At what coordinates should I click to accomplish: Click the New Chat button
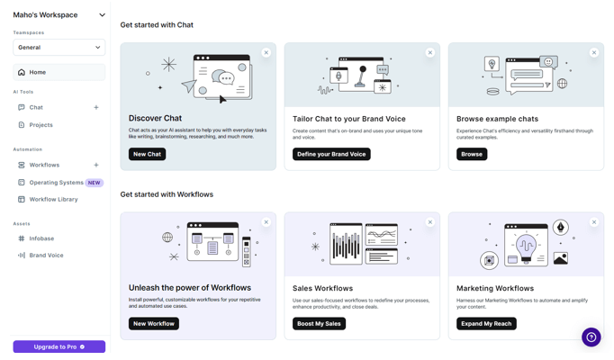pyautogui.click(x=148, y=154)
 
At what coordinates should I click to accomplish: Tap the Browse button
pyautogui.click(x=472, y=154)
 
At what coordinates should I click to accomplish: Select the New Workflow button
pyautogui.click(x=154, y=324)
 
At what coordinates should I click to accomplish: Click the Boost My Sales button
pyautogui.click(x=319, y=324)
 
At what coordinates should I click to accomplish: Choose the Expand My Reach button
pyautogui.click(x=486, y=324)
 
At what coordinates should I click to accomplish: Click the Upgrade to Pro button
pyautogui.click(x=59, y=346)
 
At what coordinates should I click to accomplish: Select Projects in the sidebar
pyautogui.click(x=41, y=125)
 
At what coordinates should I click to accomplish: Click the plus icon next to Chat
pyautogui.click(x=96, y=107)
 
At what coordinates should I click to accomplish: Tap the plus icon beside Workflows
pyautogui.click(x=96, y=165)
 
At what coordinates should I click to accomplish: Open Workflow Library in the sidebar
pyautogui.click(x=53, y=199)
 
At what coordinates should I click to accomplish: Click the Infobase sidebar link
pyautogui.click(x=41, y=238)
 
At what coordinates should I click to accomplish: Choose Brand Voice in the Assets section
pyautogui.click(x=46, y=255)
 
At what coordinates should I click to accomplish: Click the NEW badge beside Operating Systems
pyautogui.click(x=94, y=183)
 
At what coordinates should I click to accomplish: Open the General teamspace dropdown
pyautogui.click(x=59, y=48)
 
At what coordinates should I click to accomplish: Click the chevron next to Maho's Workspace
pyautogui.click(x=103, y=15)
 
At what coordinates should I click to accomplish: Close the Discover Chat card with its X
pyautogui.click(x=266, y=52)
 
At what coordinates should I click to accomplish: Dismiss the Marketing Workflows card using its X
pyautogui.click(x=594, y=222)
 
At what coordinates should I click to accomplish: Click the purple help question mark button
pyautogui.click(x=591, y=337)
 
